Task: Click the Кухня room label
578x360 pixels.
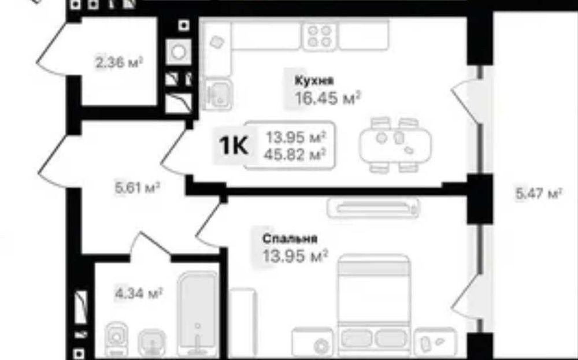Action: pyautogui.click(x=314, y=80)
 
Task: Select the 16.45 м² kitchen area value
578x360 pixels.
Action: pyautogui.click(x=327, y=98)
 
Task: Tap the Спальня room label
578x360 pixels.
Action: pyautogui.click(x=290, y=239)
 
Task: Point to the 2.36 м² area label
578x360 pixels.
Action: pyautogui.click(x=119, y=62)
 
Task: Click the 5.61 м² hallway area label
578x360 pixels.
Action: pyautogui.click(x=138, y=188)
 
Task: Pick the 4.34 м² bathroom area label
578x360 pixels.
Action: pyautogui.click(x=139, y=294)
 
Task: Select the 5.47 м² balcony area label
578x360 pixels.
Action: pyautogui.click(x=539, y=193)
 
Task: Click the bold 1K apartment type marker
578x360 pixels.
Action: pyautogui.click(x=234, y=146)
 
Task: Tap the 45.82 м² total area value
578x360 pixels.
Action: pyautogui.click(x=295, y=154)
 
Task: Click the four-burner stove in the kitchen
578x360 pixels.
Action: pyautogui.click(x=319, y=36)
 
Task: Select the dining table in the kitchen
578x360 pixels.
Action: pyautogui.click(x=395, y=145)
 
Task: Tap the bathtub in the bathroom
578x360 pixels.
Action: pyautogui.click(x=198, y=314)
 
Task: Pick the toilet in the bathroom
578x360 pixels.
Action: pyautogui.click(x=117, y=337)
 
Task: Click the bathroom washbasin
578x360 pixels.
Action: pyautogui.click(x=152, y=343)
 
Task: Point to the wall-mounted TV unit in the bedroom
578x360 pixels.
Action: pyautogui.click(x=373, y=207)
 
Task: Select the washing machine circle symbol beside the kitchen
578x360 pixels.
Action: pyautogui.click(x=179, y=52)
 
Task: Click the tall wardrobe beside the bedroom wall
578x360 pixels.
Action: pyautogui.click(x=243, y=323)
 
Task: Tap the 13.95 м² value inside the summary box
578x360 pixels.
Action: pyautogui.click(x=296, y=138)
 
